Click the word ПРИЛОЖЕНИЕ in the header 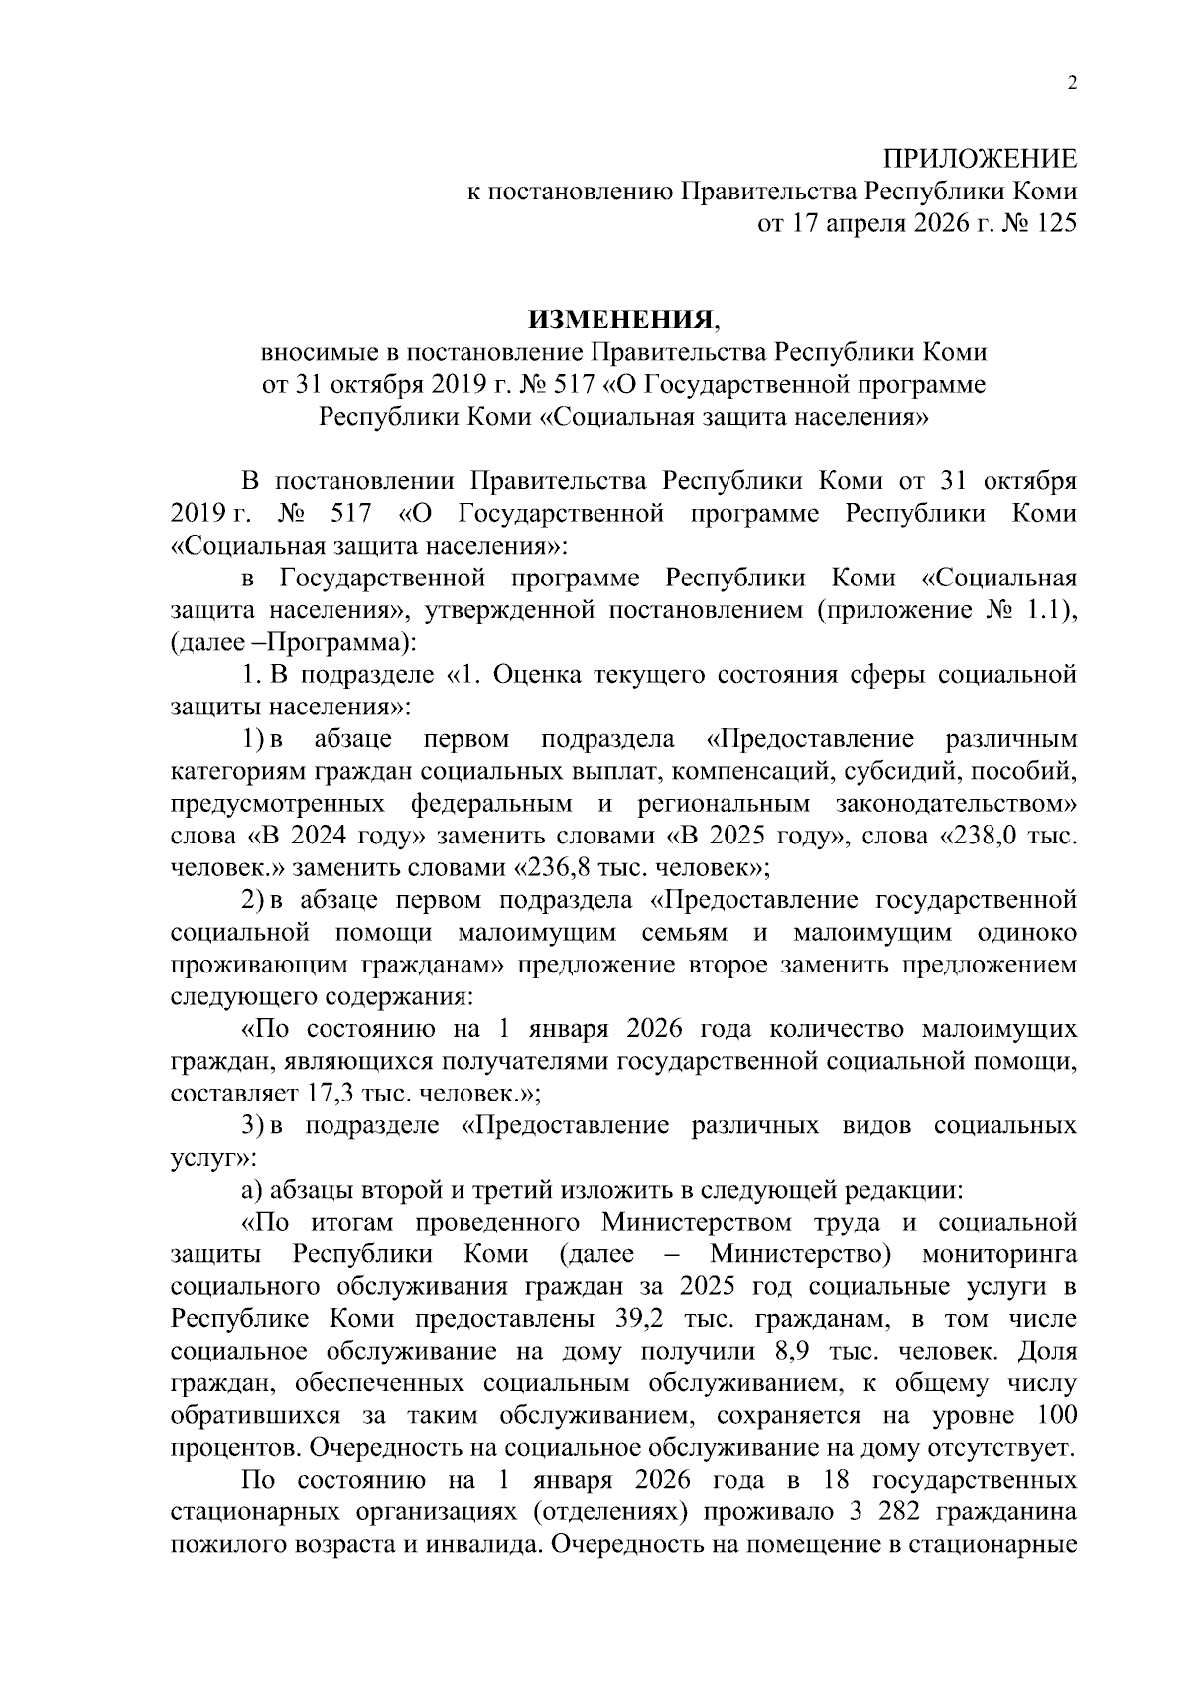(980, 159)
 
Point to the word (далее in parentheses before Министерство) (597, 1255)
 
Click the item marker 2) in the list (253, 901)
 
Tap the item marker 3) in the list (253, 1126)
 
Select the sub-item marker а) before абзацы (252, 1191)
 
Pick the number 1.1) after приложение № (1052, 610)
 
